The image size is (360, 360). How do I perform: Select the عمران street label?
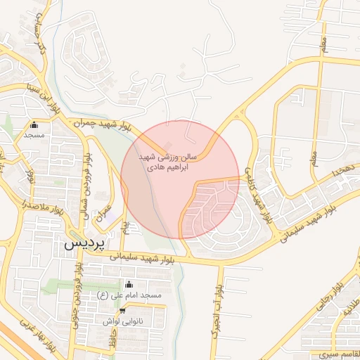(105, 209)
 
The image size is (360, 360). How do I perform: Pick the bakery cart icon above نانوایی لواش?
(122, 310)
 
